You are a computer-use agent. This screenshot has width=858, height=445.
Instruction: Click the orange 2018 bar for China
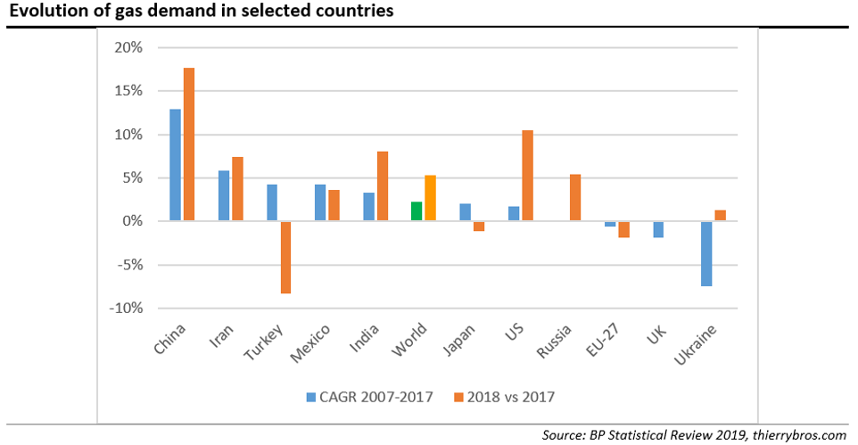pyautogui.click(x=188, y=144)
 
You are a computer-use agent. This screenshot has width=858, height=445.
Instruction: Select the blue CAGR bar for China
pyautogui.click(x=176, y=165)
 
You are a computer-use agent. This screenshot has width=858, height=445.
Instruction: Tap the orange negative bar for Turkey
pyautogui.click(x=285, y=257)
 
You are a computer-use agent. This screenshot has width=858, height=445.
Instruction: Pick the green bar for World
pyautogui.click(x=417, y=211)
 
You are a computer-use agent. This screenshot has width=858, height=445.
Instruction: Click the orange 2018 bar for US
pyautogui.click(x=526, y=176)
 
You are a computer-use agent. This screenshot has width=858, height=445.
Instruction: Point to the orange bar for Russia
pyautogui.click(x=574, y=198)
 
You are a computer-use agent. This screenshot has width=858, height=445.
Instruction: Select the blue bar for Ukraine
pyautogui.click(x=706, y=253)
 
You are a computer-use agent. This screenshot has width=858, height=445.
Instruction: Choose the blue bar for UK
pyautogui.click(x=658, y=229)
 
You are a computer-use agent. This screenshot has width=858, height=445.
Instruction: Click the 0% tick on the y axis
pyautogui.click(x=133, y=221)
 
